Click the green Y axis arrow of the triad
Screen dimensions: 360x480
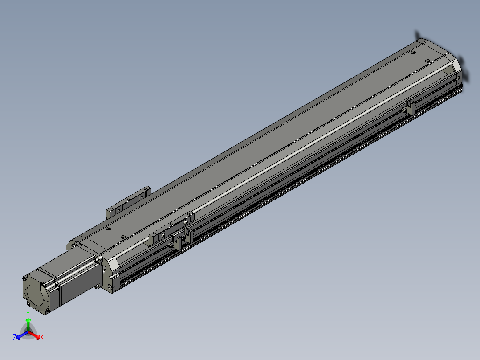coord(28,322)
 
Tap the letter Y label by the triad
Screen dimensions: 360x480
coord(28,314)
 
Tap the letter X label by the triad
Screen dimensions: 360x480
coord(42,338)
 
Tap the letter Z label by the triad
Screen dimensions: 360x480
coord(15,337)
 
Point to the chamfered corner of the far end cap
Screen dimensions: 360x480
coord(456,67)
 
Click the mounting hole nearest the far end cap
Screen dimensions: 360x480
coord(413,53)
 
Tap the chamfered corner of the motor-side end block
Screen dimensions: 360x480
coord(111,263)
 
